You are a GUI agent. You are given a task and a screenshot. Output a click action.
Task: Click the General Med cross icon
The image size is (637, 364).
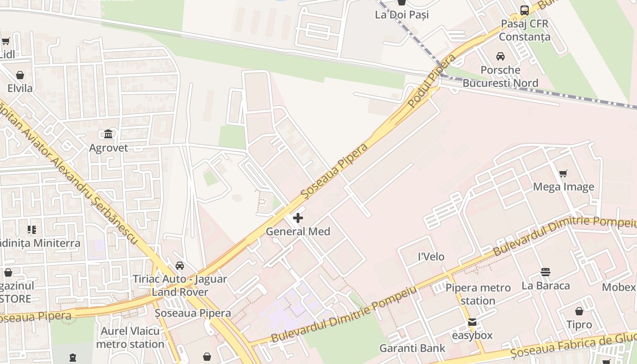pos(298,218)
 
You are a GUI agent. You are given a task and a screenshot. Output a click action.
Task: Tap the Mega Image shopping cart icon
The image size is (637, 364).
pos(563,173)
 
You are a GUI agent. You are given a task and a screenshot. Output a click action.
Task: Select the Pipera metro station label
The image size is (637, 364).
pos(478,294)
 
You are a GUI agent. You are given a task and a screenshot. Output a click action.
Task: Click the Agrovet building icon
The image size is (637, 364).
pos(108,134)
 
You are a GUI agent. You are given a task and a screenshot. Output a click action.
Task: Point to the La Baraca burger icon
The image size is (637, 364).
pos(546,272)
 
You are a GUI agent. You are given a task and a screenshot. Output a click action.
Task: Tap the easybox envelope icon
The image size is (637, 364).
pos(472,322)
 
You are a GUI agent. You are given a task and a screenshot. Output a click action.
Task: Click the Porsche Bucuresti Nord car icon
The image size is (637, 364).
pos(500,56)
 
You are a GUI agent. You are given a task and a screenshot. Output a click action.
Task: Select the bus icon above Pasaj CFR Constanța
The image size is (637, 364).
pos(525,10)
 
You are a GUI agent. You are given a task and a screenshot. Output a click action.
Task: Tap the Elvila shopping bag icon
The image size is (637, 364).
pos(20,75)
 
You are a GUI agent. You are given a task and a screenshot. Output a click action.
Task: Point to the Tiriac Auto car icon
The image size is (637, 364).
pos(180,266)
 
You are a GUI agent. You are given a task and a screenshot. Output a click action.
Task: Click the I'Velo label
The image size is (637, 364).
pos(431,257)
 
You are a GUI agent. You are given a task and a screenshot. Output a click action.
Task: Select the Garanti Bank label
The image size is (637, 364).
pos(413,349)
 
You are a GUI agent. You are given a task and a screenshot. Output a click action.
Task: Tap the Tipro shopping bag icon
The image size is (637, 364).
pos(579,311)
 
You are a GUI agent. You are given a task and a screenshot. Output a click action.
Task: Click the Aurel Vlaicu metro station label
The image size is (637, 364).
pos(130,337)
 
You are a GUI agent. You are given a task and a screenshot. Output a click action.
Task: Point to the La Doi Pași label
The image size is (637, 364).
pos(402,15)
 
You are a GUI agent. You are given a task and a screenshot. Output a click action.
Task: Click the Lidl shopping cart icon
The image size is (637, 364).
pos(6,41)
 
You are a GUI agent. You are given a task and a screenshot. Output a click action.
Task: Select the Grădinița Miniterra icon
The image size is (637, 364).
pos(31,230)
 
